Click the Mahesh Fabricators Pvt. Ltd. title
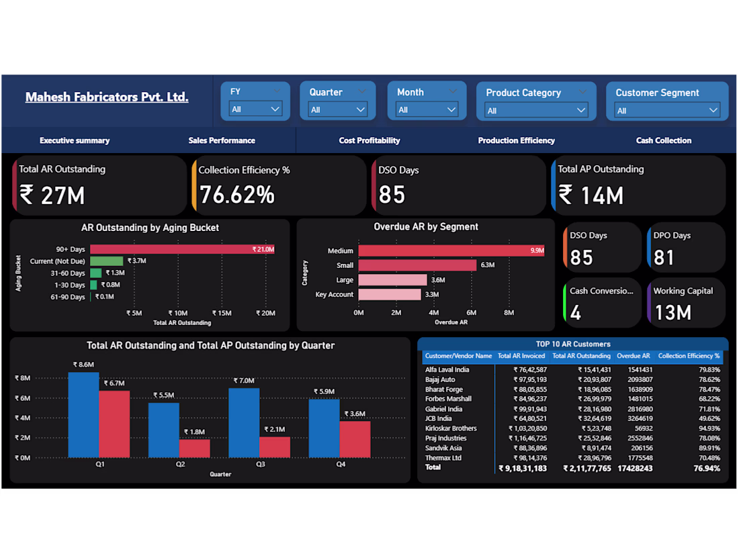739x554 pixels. (x=107, y=97)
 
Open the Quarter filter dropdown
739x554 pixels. (x=337, y=109)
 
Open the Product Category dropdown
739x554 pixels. (x=536, y=111)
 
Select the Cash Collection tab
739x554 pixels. (x=664, y=140)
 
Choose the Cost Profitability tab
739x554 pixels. (x=369, y=140)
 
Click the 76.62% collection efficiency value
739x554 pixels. (x=237, y=195)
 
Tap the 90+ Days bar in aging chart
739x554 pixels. (x=182, y=249)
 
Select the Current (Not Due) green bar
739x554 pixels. (x=107, y=261)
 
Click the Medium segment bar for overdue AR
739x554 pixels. (x=451, y=250)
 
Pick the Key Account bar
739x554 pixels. (x=390, y=294)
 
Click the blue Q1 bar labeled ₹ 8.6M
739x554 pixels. (x=83, y=414)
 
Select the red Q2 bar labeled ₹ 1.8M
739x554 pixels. (x=195, y=449)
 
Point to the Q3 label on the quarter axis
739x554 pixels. (x=261, y=464)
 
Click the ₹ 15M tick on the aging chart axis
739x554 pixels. (x=222, y=313)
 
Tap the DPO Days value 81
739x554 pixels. (x=664, y=258)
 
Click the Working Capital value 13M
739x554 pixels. (x=673, y=313)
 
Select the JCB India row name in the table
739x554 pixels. (x=438, y=418)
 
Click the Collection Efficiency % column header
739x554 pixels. (x=689, y=356)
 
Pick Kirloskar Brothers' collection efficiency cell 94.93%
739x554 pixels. (x=709, y=428)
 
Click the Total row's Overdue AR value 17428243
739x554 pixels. (x=635, y=468)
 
